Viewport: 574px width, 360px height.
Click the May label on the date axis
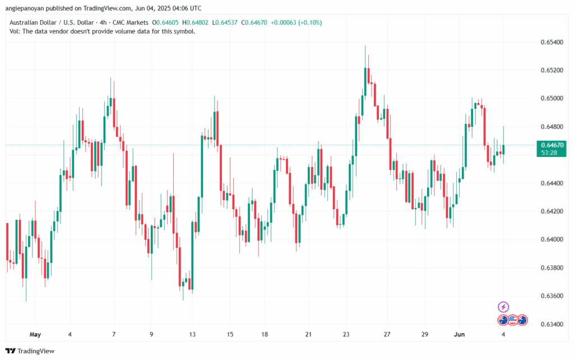(x=35, y=335)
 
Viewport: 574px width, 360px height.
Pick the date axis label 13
(x=192, y=335)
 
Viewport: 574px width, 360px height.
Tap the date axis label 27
(x=386, y=335)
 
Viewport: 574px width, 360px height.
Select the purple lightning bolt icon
(x=503, y=307)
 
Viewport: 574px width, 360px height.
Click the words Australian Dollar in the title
(x=33, y=22)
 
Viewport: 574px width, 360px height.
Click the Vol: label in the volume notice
(x=16, y=31)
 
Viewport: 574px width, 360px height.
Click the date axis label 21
(x=308, y=335)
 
